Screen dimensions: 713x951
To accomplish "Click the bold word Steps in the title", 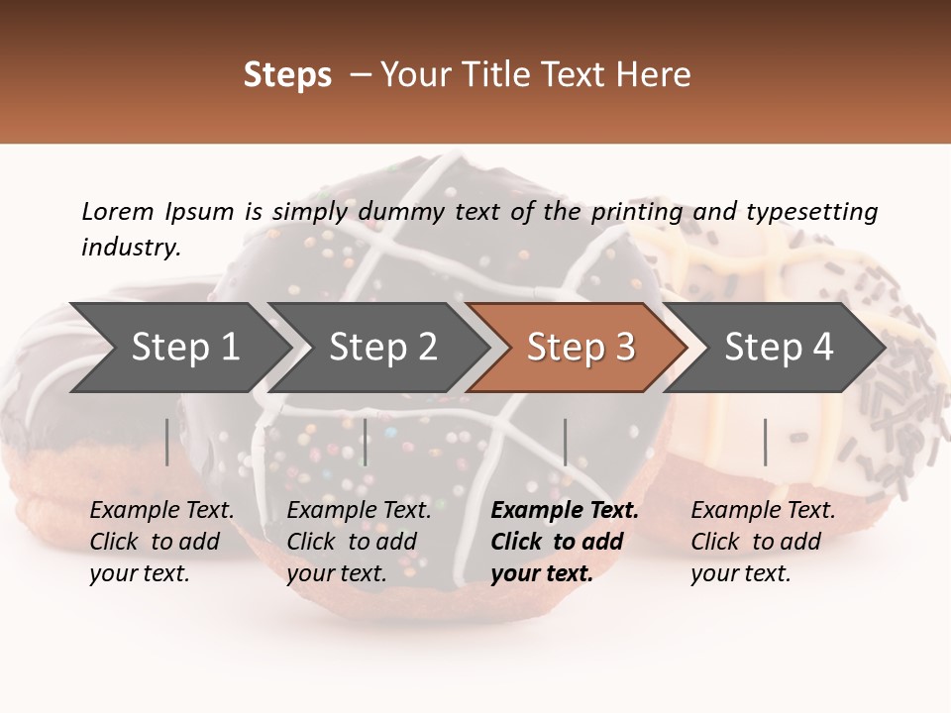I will [287, 75].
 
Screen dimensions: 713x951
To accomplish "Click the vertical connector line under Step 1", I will [167, 442].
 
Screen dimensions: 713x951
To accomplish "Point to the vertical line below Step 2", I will [366, 442].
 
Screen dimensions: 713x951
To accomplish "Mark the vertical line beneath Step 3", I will [565, 442].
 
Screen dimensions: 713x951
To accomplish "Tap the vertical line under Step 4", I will [765, 442].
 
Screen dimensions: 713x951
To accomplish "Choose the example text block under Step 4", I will [763, 542].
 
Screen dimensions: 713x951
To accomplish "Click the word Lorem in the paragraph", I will [117, 212].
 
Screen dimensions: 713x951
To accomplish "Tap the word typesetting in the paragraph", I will [811, 212].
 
